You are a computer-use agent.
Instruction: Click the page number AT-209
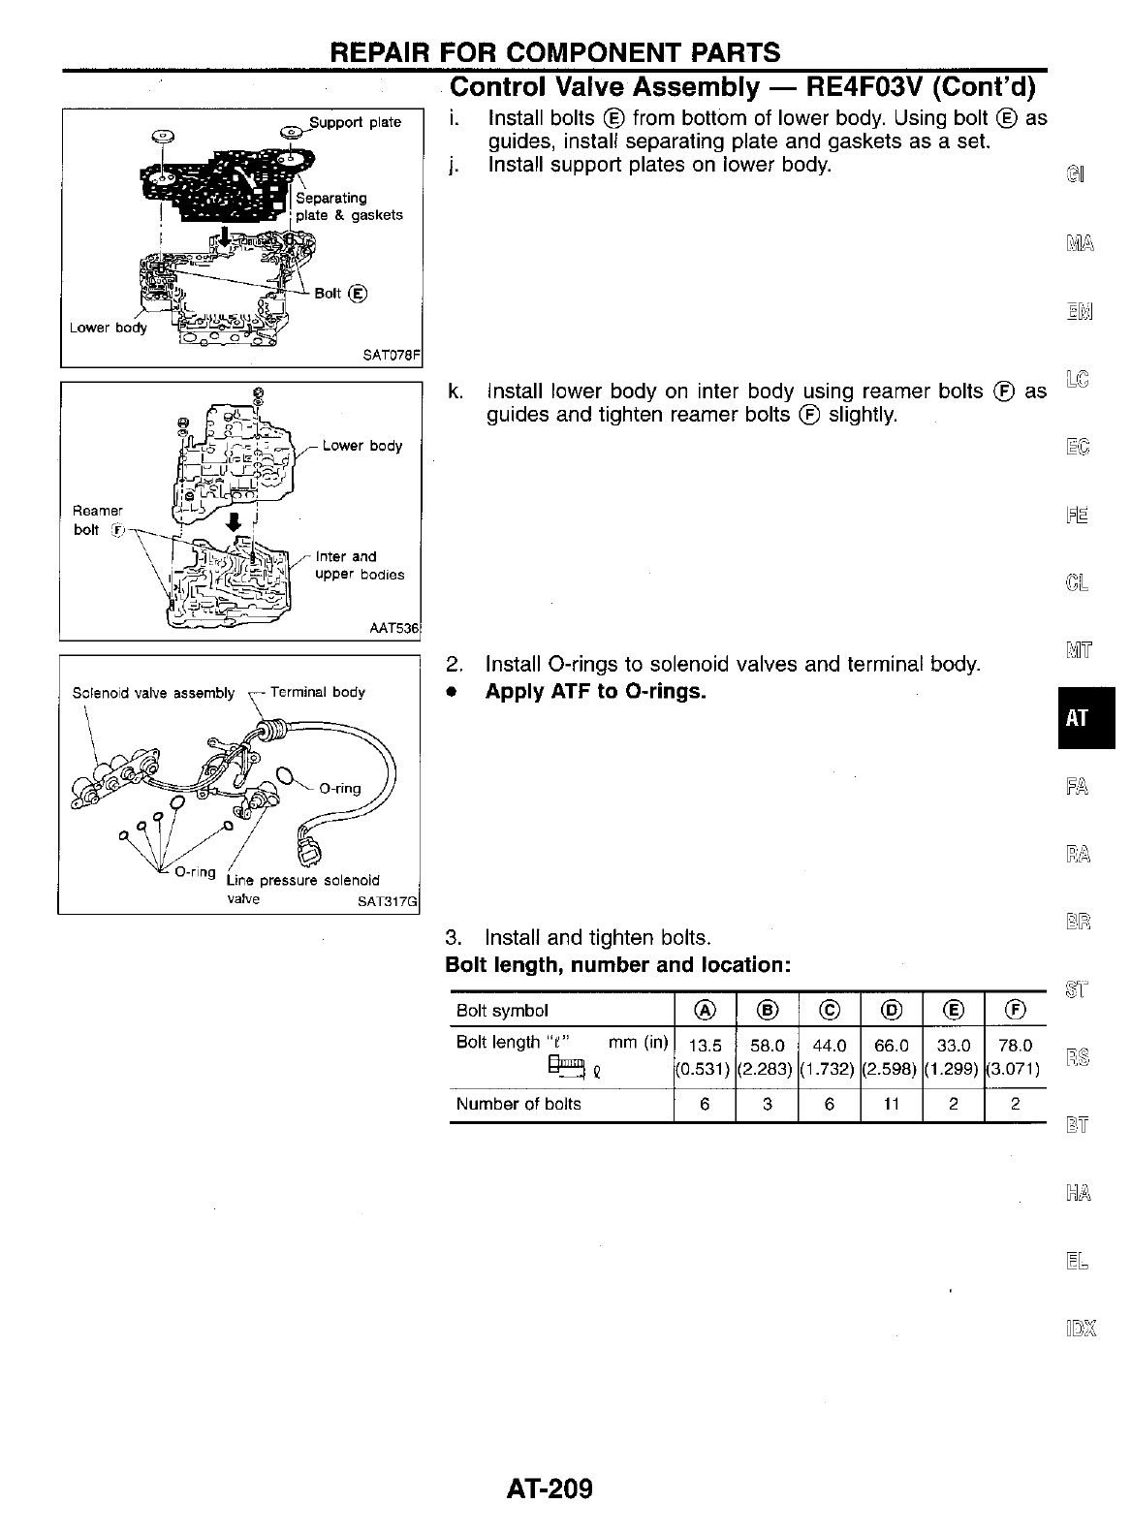tap(549, 1488)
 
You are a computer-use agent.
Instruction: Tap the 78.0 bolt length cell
tap(1015, 1046)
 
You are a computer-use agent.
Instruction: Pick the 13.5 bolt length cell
tap(705, 1046)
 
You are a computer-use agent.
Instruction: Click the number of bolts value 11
tap(892, 1104)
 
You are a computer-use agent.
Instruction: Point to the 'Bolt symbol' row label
tap(502, 1011)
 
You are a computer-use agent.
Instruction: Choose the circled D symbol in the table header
tap(892, 1011)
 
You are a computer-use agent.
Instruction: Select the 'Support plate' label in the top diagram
tap(355, 122)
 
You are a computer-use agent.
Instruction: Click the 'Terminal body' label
tap(318, 692)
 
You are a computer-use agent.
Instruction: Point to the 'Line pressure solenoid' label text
tap(302, 880)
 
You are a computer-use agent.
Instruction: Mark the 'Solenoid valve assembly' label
tap(153, 693)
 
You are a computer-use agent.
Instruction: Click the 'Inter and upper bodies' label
tap(360, 566)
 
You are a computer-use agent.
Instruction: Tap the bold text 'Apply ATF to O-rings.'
tap(595, 692)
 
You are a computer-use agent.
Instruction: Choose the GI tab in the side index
tap(1075, 175)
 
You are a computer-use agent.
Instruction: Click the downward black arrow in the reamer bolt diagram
tap(233, 520)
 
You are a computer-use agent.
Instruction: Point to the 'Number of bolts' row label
tap(518, 1104)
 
